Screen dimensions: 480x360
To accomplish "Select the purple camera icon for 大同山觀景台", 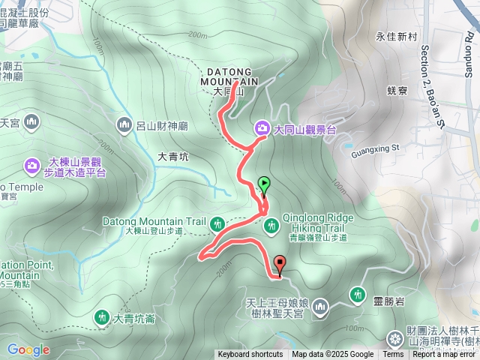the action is tap(262, 128).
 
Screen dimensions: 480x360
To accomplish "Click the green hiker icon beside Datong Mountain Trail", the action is tap(217, 222).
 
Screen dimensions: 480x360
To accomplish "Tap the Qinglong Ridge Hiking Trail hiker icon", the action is tap(270, 222).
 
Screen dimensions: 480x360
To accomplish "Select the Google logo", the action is tap(28, 349).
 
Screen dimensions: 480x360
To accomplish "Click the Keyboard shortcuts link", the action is tap(250, 355).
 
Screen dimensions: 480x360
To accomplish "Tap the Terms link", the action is tap(393, 355).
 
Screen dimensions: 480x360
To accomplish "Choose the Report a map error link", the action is tap(444, 355).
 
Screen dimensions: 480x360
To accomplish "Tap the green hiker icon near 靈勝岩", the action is tap(357, 293).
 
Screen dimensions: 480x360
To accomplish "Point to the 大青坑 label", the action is tap(173, 157).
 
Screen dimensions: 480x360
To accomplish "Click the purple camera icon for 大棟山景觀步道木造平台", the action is tap(33, 164).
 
